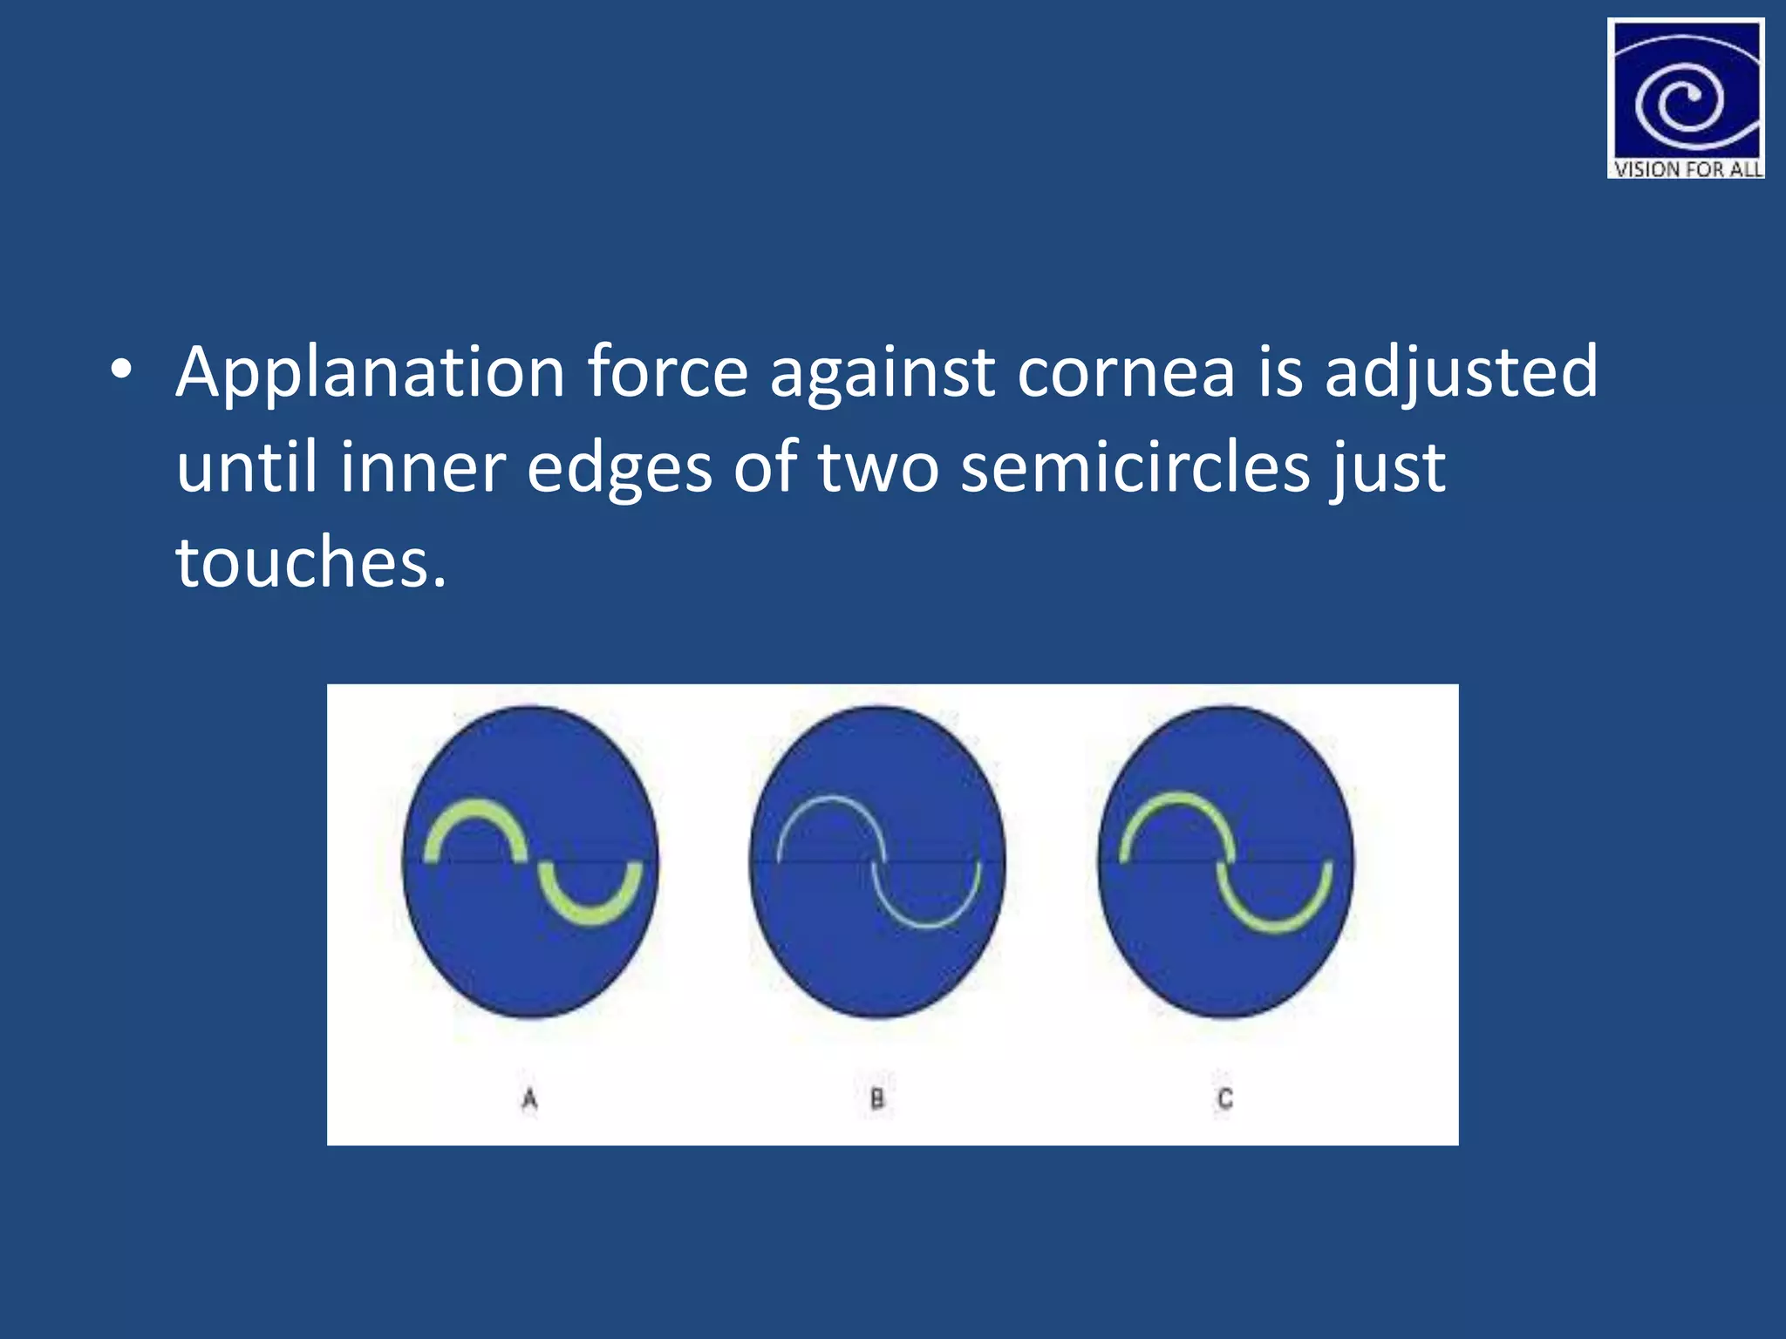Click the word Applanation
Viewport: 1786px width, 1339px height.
[371, 373]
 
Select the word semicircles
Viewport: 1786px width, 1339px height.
[1135, 468]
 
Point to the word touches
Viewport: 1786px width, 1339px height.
[311, 562]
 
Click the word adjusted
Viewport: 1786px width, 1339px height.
[1462, 373]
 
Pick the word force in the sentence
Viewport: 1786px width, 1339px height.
[667, 373]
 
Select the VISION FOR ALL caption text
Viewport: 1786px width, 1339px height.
[1687, 169]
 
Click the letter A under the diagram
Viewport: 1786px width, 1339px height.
[529, 1099]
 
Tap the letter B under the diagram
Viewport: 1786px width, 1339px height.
[877, 1099]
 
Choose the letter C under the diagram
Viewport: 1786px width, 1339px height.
[1225, 1099]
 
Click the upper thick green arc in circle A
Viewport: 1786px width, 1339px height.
[475, 814]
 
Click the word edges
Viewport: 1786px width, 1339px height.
[619, 468]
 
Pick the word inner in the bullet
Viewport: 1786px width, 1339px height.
[422, 468]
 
